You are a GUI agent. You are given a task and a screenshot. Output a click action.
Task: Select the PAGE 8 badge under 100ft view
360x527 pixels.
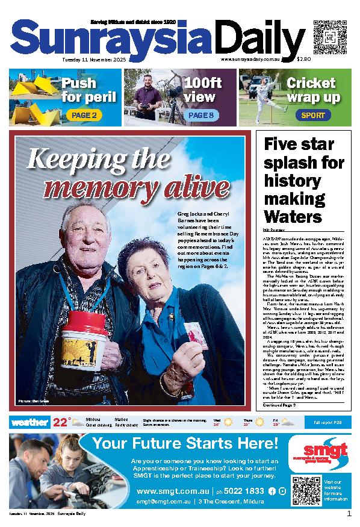coord(200,115)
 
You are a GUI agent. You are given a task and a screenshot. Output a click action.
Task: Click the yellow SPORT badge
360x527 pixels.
coord(313,115)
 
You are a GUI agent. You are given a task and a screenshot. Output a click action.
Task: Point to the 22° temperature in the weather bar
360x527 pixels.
coord(61,422)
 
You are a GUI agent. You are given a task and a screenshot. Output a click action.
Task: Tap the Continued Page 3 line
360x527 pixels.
coord(284,406)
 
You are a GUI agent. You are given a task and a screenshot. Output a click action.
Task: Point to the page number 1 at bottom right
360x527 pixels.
coord(349,514)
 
